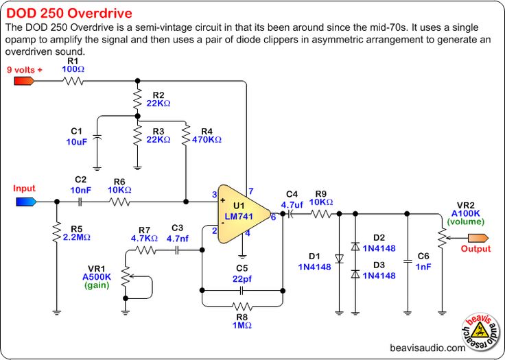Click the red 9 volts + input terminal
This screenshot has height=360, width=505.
pos(25,81)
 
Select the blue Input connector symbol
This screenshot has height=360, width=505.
pos(26,202)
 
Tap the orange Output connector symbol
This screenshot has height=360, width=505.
pos(476,237)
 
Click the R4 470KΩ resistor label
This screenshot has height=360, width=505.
pos(207,134)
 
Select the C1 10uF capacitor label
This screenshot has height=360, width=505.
pos(76,136)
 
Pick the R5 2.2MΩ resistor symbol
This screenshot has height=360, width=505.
pos(56,233)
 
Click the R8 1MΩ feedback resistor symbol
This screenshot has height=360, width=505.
pos(242,306)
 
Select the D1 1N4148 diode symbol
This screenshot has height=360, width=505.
pos(339,259)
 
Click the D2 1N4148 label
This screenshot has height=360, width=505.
pos(379,243)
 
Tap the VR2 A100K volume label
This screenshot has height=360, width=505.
pos(466,213)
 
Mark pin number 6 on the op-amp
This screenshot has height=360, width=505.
pos(273,217)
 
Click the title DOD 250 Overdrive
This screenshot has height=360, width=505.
pos(69,14)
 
